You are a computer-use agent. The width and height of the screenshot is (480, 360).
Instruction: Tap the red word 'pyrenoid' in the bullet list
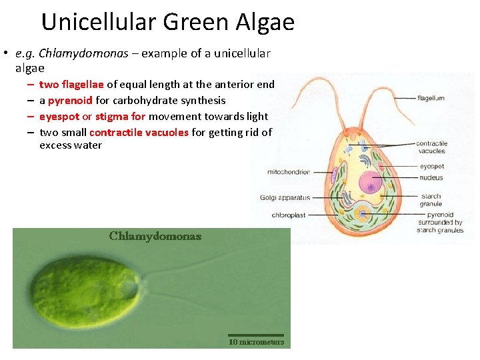point(70,100)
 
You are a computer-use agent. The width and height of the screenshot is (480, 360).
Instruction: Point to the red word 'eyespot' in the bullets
point(59,116)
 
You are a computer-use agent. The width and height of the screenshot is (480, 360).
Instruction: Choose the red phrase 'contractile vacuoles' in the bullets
point(139,132)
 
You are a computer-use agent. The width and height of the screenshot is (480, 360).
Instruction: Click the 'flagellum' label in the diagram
point(431,98)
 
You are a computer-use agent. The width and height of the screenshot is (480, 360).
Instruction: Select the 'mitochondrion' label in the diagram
point(289,172)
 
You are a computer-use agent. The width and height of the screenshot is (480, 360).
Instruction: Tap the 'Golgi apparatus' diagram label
point(285,197)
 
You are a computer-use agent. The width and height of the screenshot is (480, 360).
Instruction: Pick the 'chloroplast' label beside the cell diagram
point(289,215)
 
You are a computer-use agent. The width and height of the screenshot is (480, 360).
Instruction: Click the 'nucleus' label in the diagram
point(431,178)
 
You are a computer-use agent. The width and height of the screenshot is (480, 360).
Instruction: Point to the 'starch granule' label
point(431,200)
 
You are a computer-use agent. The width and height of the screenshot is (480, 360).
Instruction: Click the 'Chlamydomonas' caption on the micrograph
point(155,236)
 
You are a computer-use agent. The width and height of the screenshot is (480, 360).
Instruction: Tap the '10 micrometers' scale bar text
point(256,342)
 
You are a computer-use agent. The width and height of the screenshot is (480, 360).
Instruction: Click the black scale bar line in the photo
point(256,335)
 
